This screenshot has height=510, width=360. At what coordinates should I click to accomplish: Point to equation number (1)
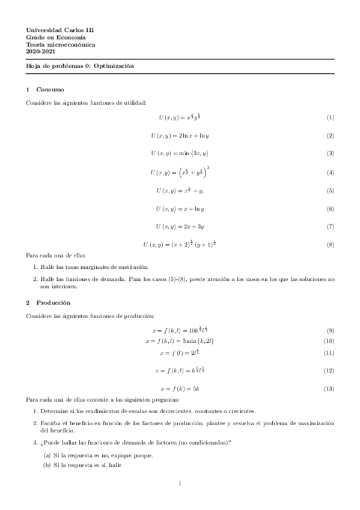tap(330, 118)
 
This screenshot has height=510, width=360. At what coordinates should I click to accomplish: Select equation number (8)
tap(330, 245)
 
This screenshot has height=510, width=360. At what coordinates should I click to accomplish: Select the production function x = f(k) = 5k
tap(180, 389)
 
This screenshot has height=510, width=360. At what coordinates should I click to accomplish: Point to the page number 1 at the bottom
tap(180, 483)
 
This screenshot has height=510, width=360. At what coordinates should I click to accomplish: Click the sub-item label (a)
tap(46, 455)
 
